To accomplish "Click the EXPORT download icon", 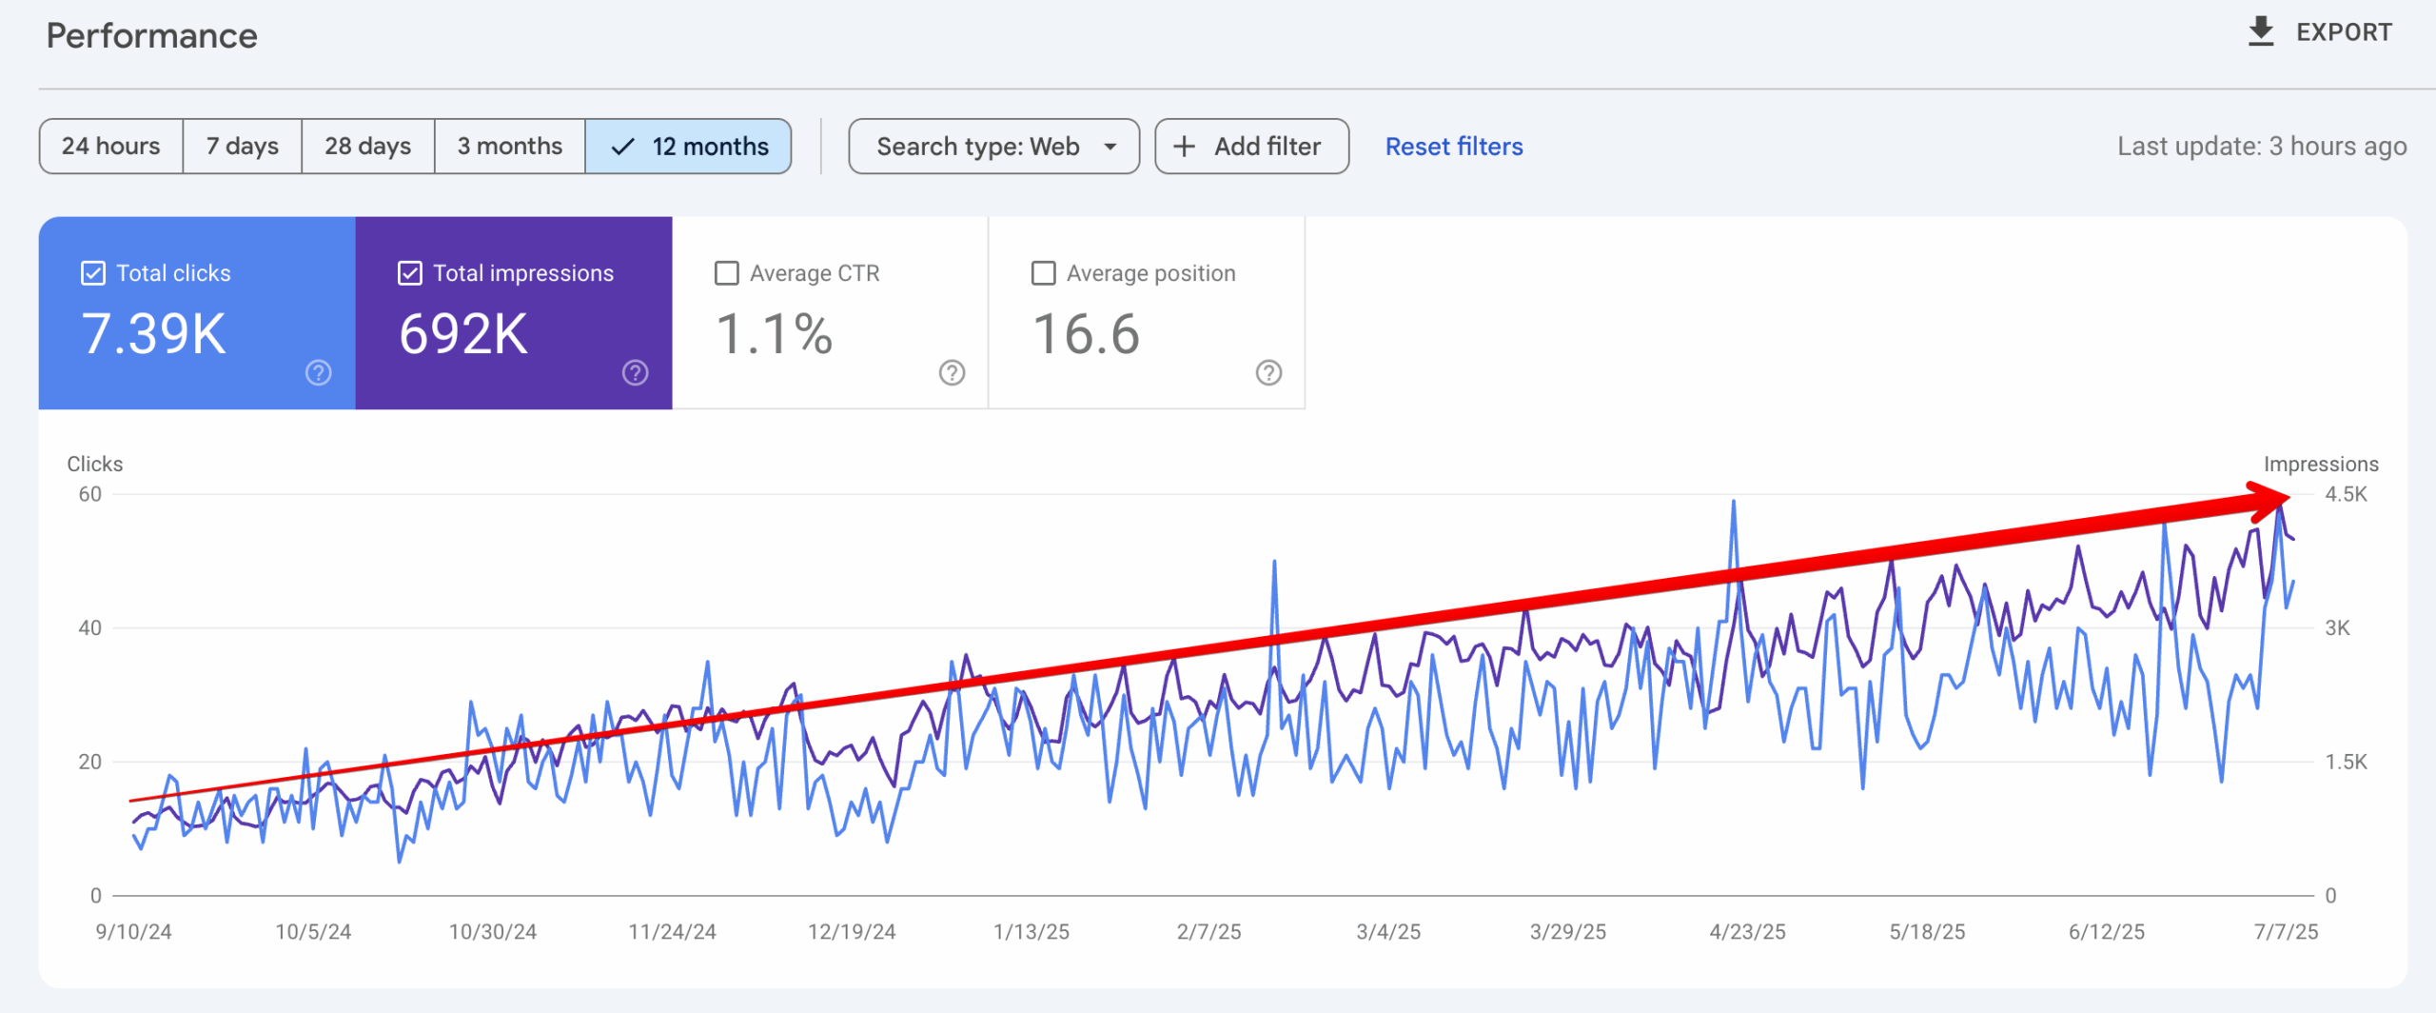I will [2261, 31].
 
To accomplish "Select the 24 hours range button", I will [110, 146].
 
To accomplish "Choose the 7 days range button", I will [243, 146].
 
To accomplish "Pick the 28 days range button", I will [367, 146].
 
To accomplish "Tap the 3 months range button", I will [509, 146].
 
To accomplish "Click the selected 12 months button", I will [689, 146].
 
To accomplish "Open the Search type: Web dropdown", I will [993, 146].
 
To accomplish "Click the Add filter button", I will [1251, 146].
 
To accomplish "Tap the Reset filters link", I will [1453, 146].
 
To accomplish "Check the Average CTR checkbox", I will [727, 273].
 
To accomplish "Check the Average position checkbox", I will [1044, 273].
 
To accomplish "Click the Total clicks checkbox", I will [93, 273].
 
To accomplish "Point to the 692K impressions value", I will [462, 334].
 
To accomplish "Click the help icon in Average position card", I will [1268, 372].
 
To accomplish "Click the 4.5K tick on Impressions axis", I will [2346, 494].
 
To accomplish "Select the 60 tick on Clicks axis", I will [90, 494].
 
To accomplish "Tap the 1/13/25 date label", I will [1031, 932].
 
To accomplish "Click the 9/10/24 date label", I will [133, 932].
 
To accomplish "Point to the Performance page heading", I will [152, 36].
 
